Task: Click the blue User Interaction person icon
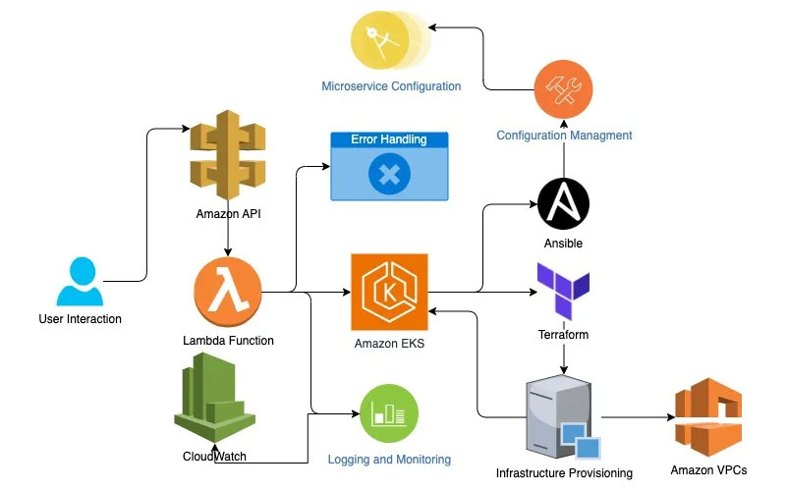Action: click(x=78, y=282)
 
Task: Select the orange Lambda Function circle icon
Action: click(x=229, y=292)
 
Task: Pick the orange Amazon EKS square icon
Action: click(x=390, y=293)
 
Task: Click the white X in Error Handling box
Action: click(x=389, y=176)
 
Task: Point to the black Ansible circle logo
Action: click(x=563, y=203)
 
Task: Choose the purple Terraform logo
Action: click(x=563, y=290)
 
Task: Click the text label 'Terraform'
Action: click(x=563, y=335)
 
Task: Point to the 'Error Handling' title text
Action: click(x=389, y=140)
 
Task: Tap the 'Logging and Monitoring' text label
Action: click(x=389, y=460)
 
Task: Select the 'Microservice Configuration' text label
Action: click(x=391, y=86)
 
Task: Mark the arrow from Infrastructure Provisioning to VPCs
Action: click(x=637, y=417)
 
